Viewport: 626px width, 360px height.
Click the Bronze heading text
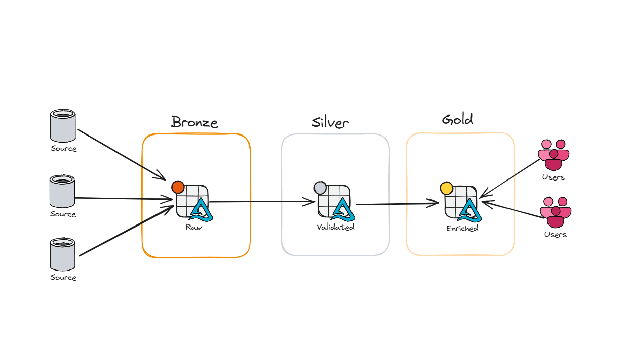click(x=194, y=122)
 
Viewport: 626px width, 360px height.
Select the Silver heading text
click(x=330, y=123)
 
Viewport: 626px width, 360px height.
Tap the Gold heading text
click(x=457, y=120)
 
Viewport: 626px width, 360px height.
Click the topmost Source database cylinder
click(x=63, y=126)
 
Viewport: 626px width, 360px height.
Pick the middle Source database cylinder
click(x=62, y=192)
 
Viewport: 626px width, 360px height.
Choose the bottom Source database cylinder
click(x=63, y=255)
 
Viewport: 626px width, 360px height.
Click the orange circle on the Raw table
click(x=178, y=187)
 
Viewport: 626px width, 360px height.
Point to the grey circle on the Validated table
click(x=320, y=188)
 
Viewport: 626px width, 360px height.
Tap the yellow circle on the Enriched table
click(x=446, y=189)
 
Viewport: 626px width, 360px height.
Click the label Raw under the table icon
click(x=193, y=227)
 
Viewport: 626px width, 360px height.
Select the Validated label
click(x=335, y=228)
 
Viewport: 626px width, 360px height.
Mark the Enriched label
click(x=462, y=228)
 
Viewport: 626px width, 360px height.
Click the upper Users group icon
click(x=553, y=155)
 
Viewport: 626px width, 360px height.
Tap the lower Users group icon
click(x=555, y=212)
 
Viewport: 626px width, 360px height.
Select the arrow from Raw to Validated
click(x=261, y=202)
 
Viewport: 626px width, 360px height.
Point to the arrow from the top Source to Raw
click(x=122, y=155)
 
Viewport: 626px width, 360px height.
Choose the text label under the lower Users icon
click(x=555, y=235)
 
